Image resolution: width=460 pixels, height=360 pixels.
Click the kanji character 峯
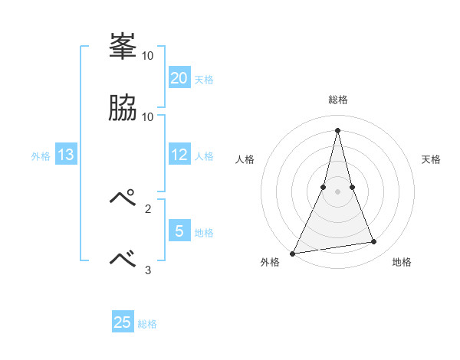coord(123,48)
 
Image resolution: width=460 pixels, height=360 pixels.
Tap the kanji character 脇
coord(123,109)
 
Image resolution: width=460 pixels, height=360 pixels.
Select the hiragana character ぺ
coord(123,198)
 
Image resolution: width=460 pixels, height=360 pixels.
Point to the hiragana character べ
coord(123,259)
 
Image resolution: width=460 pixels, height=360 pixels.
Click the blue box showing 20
coord(179,77)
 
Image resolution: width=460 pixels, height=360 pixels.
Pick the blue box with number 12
coord(179,155)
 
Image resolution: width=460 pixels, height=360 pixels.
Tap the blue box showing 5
coord(179,230)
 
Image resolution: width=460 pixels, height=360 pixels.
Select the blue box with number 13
coord(66,155)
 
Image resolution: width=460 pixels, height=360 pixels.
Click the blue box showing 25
coord(123,322)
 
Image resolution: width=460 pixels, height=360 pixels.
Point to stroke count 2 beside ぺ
coord(148,208)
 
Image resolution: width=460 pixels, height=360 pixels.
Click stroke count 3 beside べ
coord(148,270)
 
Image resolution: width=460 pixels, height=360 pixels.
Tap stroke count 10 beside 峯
coord(148,56)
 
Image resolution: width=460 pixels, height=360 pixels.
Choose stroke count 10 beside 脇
coord(148,117)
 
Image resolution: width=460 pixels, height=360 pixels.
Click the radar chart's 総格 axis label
coord(338,100)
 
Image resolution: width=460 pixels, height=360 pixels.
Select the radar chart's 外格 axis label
coord(271,263)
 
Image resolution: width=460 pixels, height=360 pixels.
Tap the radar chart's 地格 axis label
coord(402,263)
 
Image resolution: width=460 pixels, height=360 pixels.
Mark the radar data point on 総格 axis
coord(338,130)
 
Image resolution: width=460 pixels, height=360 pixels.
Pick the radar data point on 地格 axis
coord(374,242)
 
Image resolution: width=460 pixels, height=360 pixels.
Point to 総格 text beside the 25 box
coord(147,324)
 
